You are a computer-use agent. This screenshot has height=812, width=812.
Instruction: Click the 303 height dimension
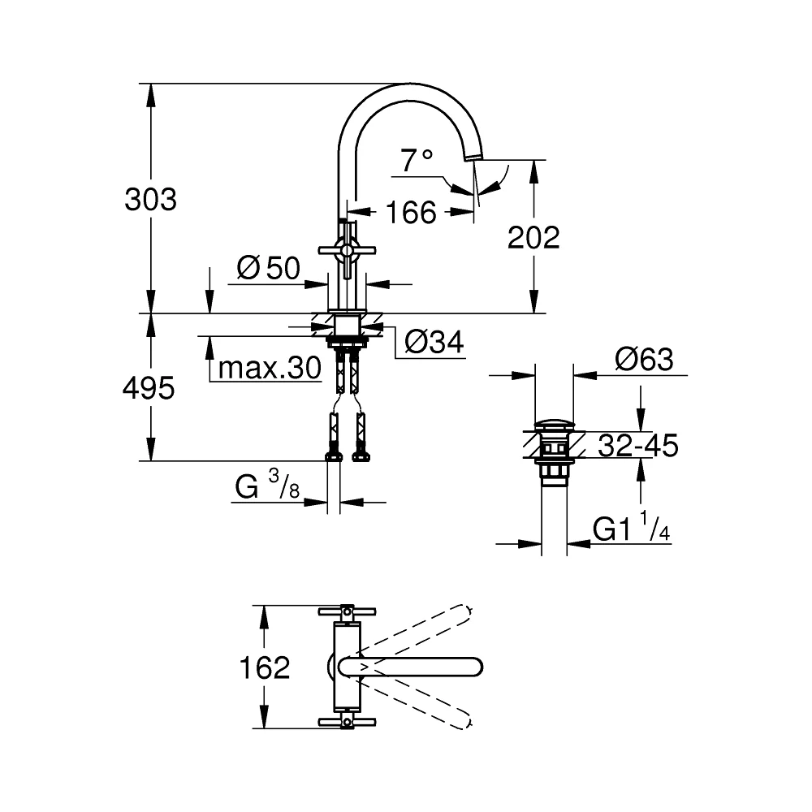pos(151,200)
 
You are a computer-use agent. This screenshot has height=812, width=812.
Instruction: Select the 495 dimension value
pos(149,388)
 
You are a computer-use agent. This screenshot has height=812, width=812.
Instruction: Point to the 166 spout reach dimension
pos(411,212)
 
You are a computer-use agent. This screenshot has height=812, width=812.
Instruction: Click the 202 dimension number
pos(533,238)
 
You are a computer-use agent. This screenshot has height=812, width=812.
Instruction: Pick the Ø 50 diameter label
pos(268,268)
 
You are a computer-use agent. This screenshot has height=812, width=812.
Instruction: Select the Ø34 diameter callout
pos(434,342)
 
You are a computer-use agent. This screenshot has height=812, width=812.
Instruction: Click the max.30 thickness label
pos(270,368)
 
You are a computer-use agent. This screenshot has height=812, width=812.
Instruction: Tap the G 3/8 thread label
pos(267,486)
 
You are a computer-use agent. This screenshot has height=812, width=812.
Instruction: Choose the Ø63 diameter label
pos(644,360)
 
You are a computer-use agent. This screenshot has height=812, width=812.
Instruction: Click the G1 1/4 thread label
pos(631,527)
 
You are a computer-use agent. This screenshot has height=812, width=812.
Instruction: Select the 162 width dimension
pos(265,667)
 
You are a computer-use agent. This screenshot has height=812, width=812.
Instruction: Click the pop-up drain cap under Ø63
pos(554,425)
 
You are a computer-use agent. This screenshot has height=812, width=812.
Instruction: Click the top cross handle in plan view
pos(347,611)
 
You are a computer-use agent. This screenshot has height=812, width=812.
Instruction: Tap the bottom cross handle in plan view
pos(347,722)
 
